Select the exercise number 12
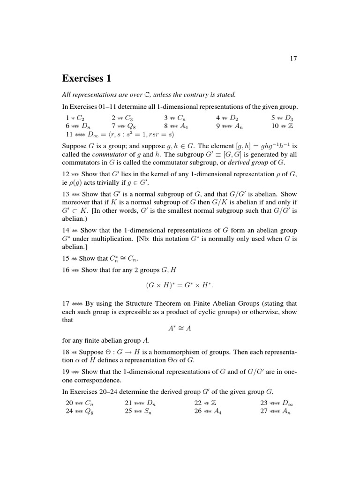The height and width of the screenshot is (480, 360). (x=66, y=174)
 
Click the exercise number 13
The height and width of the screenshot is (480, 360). (x=66, y=194)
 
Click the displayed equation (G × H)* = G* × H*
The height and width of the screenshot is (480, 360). (x=180, y=285)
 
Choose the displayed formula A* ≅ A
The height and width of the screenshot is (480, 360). (x=180, y=329)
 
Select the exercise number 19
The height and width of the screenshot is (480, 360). (x=66, y=372)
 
